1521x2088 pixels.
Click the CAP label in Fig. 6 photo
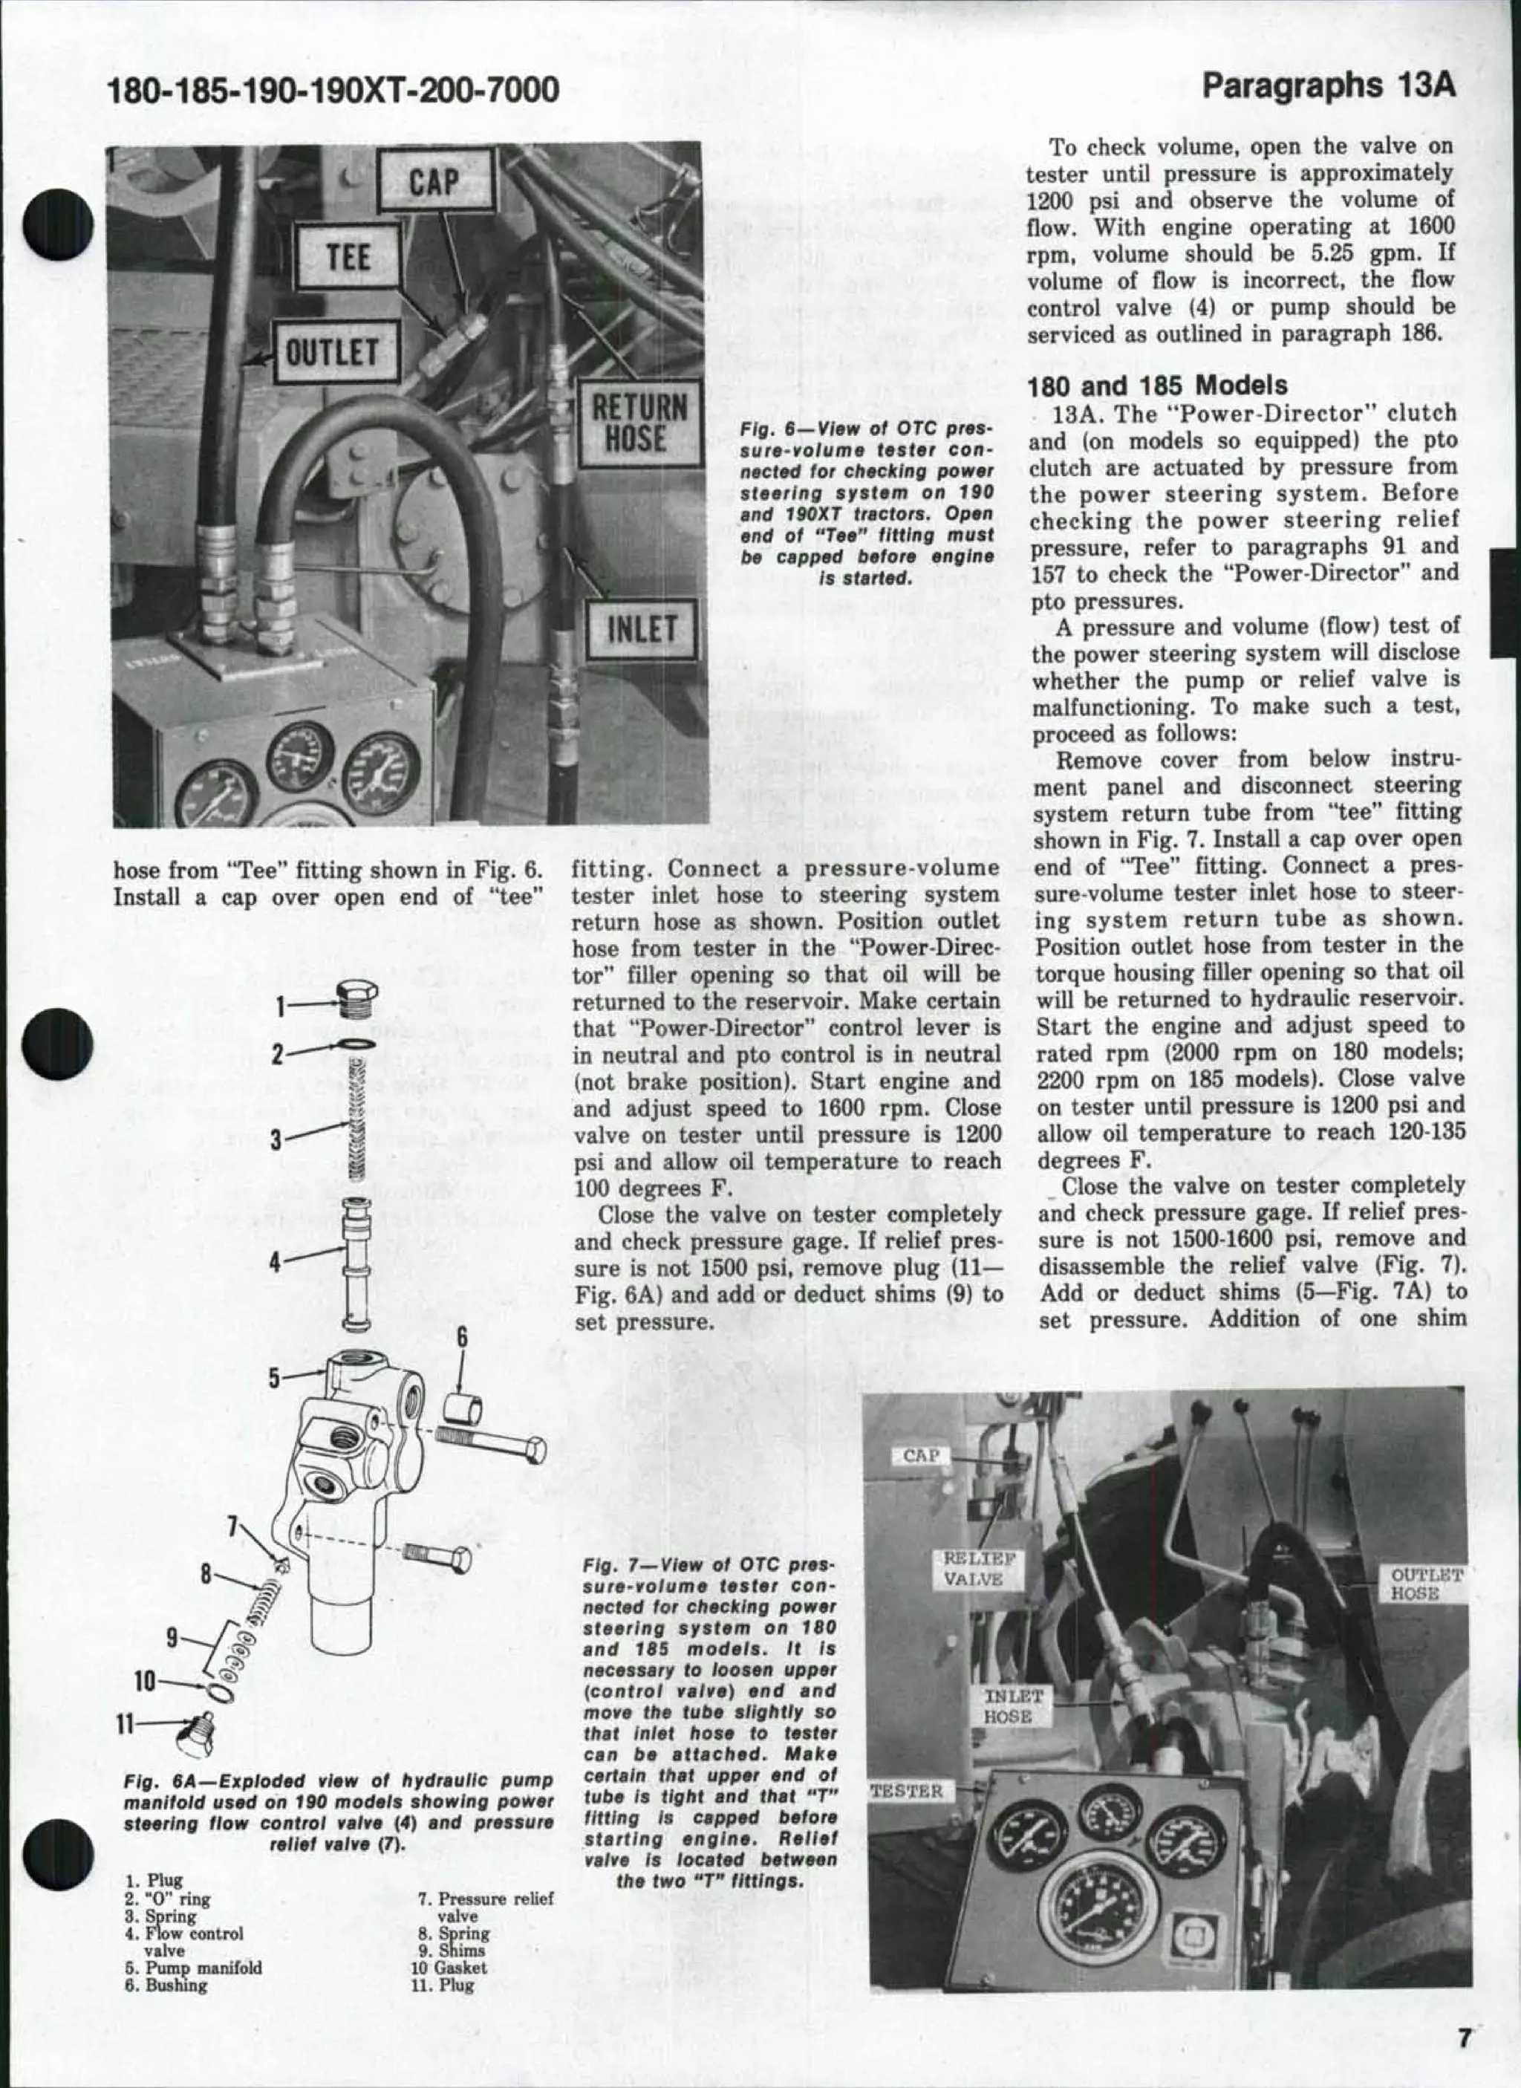435,181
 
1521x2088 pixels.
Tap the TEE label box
347,257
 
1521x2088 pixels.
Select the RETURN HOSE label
638,424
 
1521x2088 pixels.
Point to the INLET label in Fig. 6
641,630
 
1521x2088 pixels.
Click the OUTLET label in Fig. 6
333,351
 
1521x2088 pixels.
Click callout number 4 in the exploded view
273,1262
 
